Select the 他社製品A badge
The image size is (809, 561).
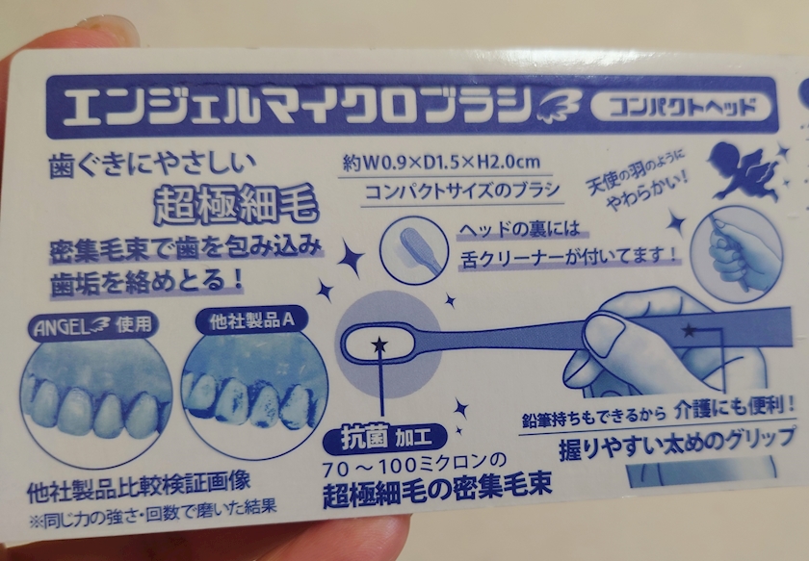tap(251, 320)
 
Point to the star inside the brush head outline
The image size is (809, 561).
tap(379, 344)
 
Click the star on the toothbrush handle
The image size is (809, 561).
tap(689, 330)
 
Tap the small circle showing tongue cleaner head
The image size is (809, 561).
tap(413, 249)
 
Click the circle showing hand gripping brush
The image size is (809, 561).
tap(737, 253)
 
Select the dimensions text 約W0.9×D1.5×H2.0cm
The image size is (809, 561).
tap(442, 163)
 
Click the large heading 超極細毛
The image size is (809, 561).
tap(236, 204)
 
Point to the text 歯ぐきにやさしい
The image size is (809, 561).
tap(153, 166)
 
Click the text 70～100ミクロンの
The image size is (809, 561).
tap(414, 465)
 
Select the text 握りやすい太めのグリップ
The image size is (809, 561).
tap(677, 445)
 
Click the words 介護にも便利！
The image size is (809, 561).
tap(735, 408)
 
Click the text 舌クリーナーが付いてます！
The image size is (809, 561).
tap(567, 257)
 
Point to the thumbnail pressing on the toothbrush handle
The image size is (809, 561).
tap(604, 335)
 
